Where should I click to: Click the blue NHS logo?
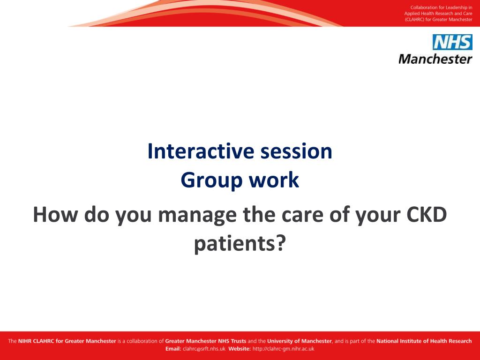click(452, 42)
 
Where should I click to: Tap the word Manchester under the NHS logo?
click(435, 59)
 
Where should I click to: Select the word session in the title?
click(296, 152)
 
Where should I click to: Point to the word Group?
click(211, 181)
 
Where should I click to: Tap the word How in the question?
click(55, 215)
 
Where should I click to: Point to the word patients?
click(240, 244)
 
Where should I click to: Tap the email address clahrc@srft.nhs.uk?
click(204, 349)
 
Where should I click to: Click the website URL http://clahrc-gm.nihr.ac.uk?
click(283, 349)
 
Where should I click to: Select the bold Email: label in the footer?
click(173, 349)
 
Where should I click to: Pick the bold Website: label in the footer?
click(240, 349)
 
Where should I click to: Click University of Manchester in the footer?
click(300, 341)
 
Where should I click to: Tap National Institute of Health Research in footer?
click(424, 341)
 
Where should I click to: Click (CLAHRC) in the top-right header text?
click(414, 20)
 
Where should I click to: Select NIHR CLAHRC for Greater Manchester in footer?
click(67, 341)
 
